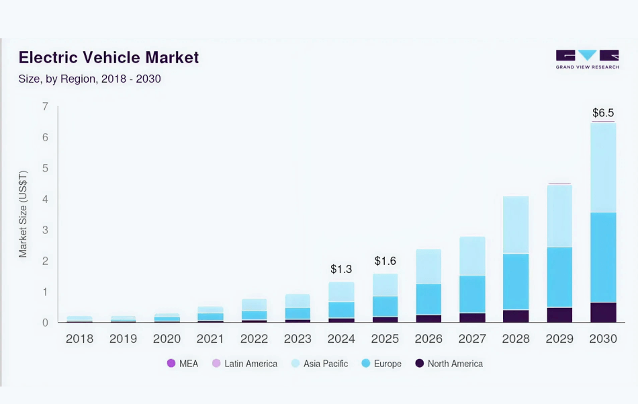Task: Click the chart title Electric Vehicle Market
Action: pyautogui.click(x=109, y=57)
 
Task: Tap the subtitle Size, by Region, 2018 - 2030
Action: pyautogui.click(x=89, y=79)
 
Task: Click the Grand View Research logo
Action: pyautogui.click(x=587, y=59)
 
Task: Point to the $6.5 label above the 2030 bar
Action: pyautogui.click(x=602, y=113)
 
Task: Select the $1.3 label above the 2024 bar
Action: pyautogui.click(x=341, y=269)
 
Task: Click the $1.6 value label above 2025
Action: pyautogui.click(x=385, y=261)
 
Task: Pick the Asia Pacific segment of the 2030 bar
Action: pyautogui.click(x=602, y=167)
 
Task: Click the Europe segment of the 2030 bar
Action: pyautogui.click(x=602, y=257)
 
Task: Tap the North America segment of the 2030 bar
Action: pyautogui.click(x=602, y=313)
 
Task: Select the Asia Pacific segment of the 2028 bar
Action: pyautogui.click(x=516, y=225)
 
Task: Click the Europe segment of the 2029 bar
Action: pyautogui.click(x=559, y=277)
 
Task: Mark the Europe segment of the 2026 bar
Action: pyautogui.click(x=428, y=299)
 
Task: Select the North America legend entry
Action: pyautogui.click(x=449, y=364)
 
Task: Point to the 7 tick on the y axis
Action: pyautogui.click(x=45, y=106)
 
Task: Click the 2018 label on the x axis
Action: pyautogui.click(x=79, y=339)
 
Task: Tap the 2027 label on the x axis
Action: pyautogui.click(x=472, y=339)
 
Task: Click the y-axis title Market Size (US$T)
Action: pyautogui.click(x=24, y=214)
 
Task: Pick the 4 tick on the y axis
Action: pyautogui.click(x=45, y=199)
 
